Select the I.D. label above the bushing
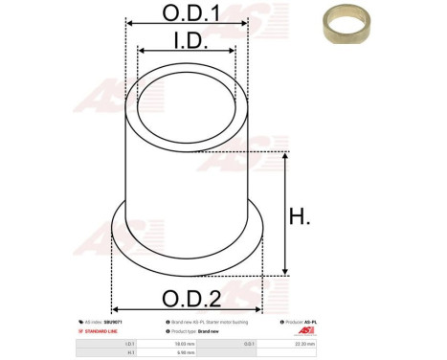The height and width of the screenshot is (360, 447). [x=187, y=39]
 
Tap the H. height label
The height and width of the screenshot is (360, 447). [x=301, y=217]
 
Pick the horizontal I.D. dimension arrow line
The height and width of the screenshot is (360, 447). [x=187, y=51]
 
